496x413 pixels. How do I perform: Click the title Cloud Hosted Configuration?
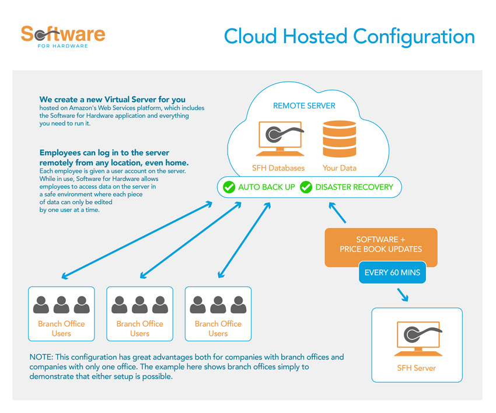349,36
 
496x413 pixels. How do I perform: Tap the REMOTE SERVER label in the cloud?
304,106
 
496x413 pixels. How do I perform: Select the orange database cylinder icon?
339,138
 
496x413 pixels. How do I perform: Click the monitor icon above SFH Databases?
278,139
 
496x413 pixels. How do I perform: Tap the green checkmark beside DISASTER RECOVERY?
306,187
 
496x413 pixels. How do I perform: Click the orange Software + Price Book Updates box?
380,245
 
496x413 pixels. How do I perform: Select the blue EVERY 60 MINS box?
392,272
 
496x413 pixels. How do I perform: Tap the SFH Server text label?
416,368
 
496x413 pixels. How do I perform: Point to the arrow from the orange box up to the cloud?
338,213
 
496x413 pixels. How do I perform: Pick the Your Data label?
339,168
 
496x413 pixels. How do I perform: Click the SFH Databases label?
278,168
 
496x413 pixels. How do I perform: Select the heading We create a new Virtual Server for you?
112,99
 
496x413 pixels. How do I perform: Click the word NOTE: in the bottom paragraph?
42,356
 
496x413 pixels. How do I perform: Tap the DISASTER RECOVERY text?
354,187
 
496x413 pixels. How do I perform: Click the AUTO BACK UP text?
266,187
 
